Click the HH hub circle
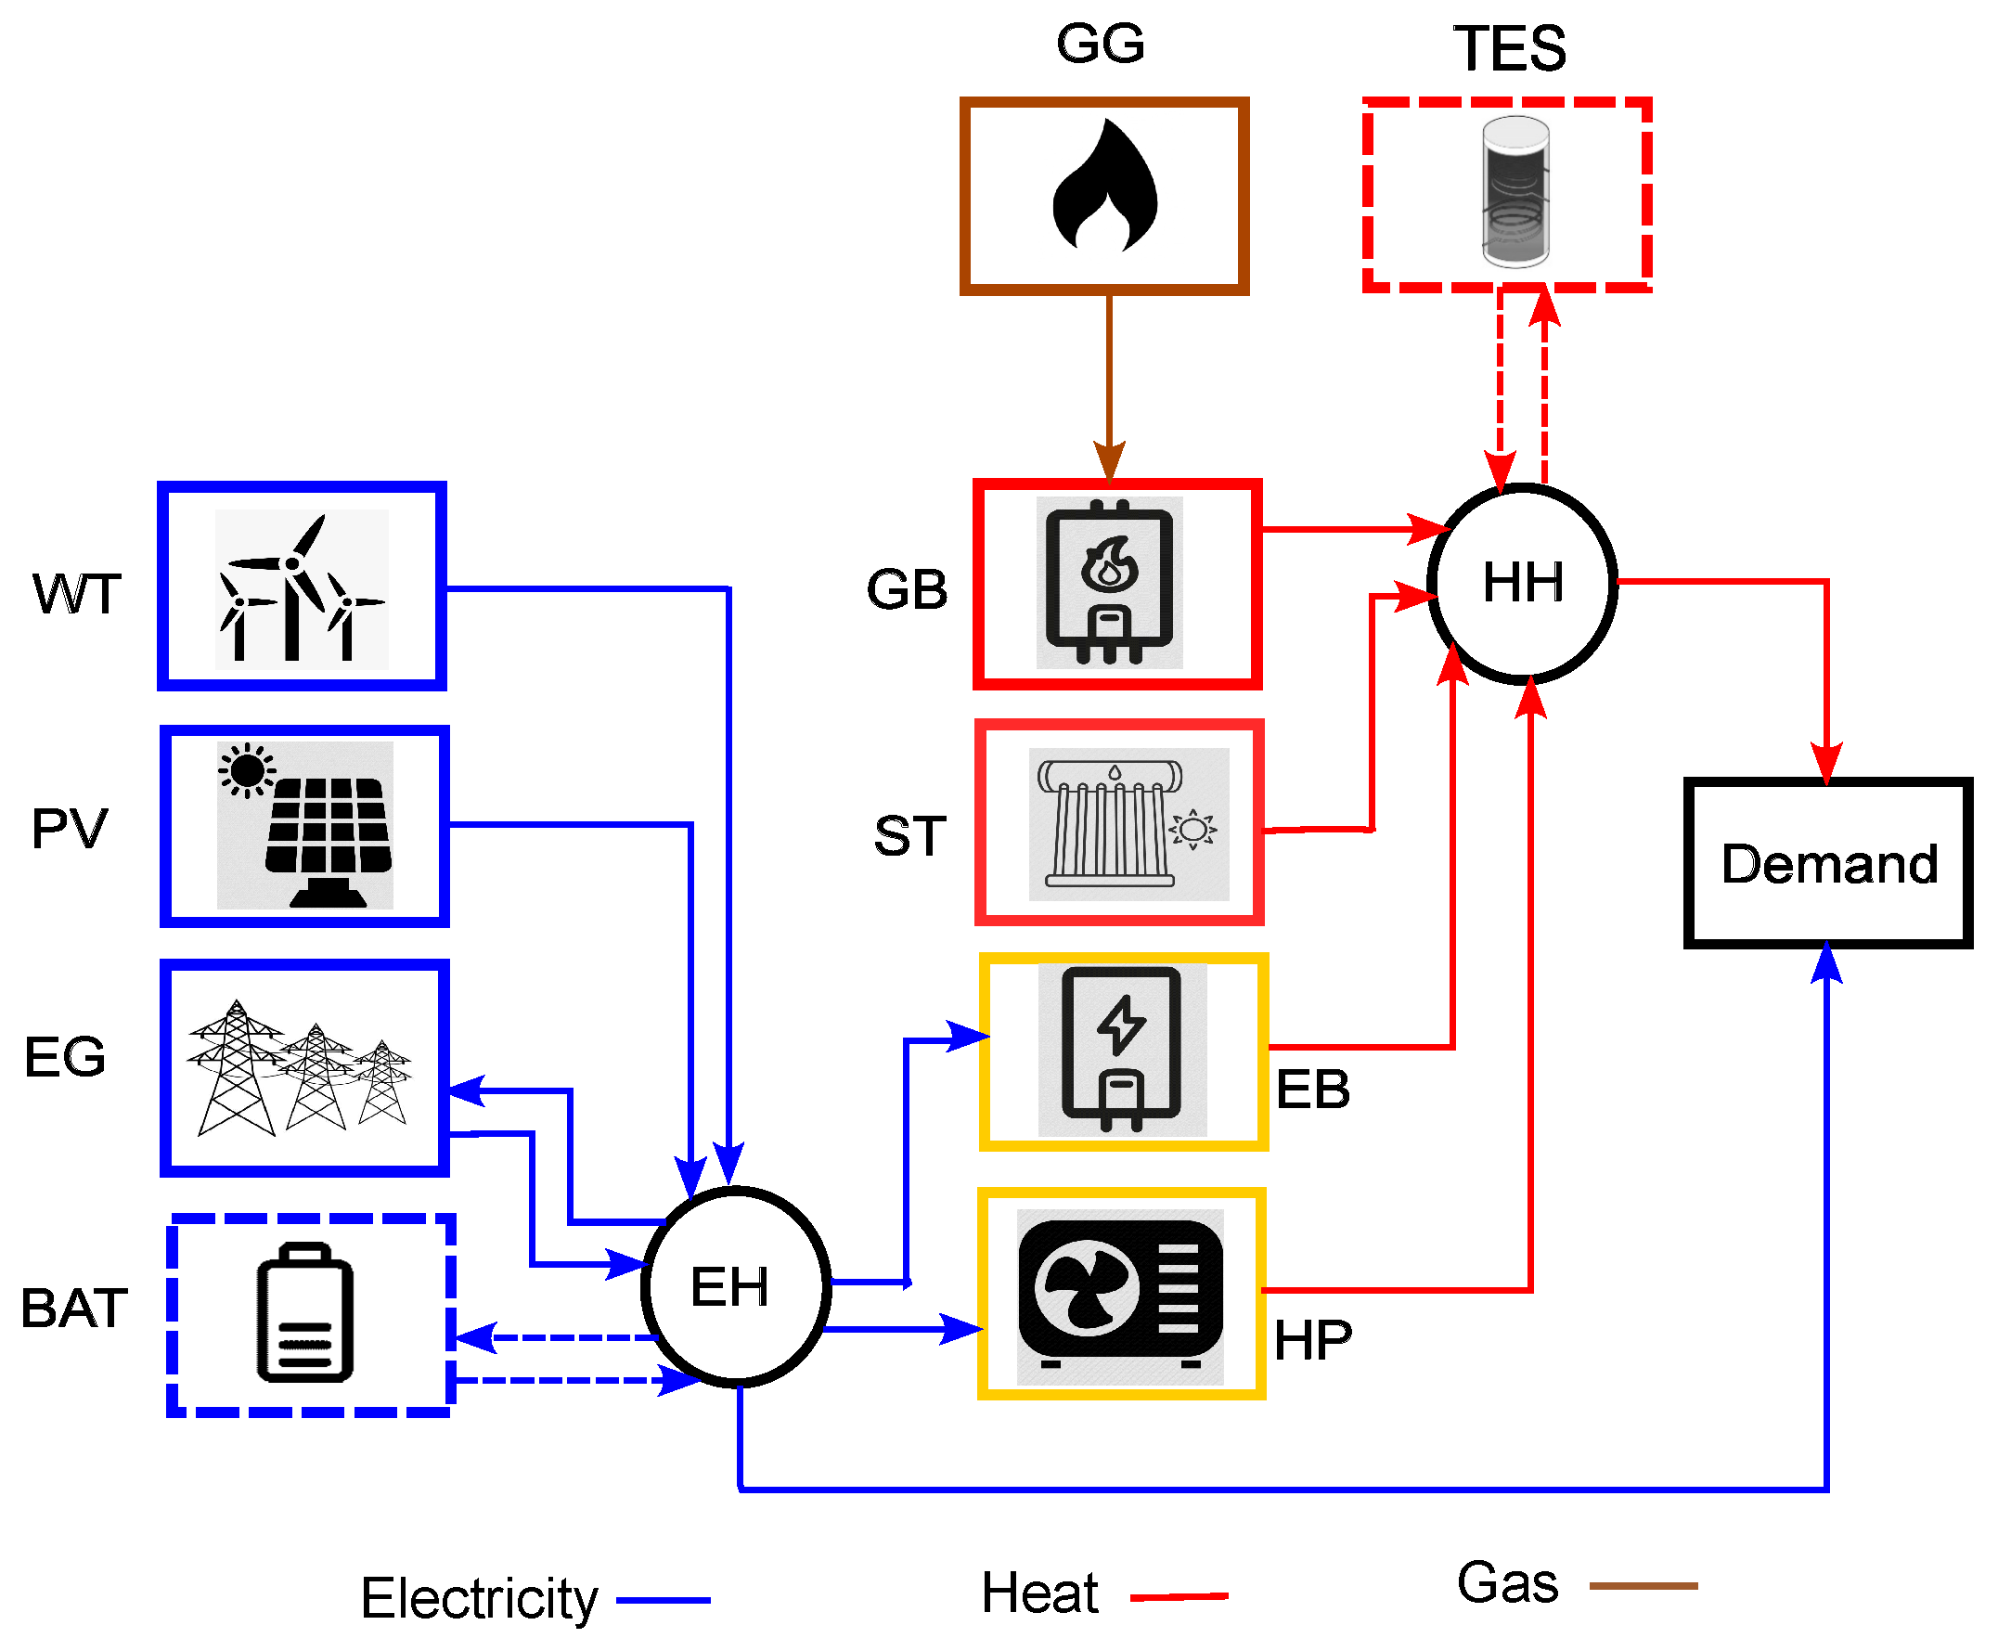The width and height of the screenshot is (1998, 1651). click(1521, 583)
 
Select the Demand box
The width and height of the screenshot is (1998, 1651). click(1826, 862)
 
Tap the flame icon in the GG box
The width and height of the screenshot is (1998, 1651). click(1104, 187)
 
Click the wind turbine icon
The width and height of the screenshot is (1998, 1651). click(301, 588)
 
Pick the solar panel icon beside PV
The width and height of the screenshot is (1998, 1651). click(304, 824)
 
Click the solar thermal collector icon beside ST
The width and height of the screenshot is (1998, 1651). click(1127, 823)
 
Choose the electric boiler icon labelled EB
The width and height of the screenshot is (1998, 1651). click(1121, 1049)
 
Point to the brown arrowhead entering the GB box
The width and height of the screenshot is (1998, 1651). click(1109, 462)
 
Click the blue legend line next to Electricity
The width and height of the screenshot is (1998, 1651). click(663, 1600)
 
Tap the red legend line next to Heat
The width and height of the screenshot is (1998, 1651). click(1178, 1596)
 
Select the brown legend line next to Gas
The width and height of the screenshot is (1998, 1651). click(1643, 1585)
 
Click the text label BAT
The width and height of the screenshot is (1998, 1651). click(74, 1308)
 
